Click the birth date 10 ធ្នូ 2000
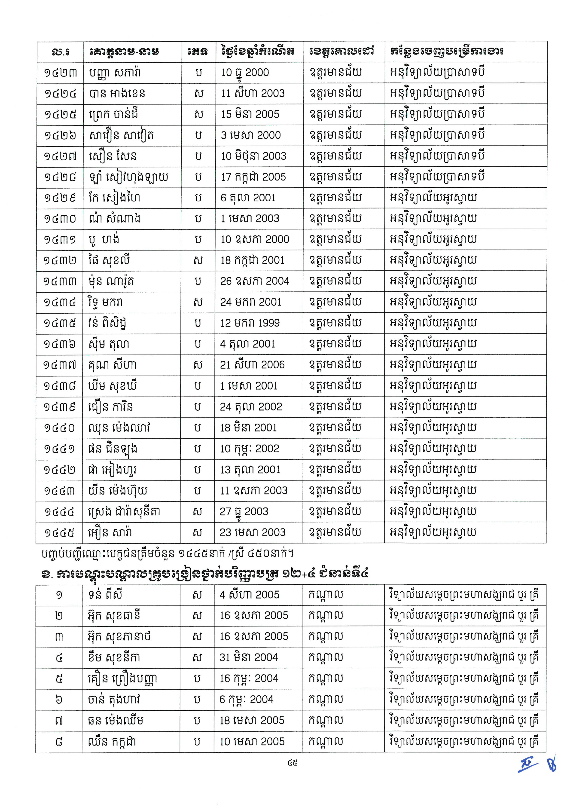tap(245, 73)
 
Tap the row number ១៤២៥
tap(60, 114)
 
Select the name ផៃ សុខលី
tap(109, 260)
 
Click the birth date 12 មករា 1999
tap(250, 323)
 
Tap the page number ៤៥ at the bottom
tap(293, 763)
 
